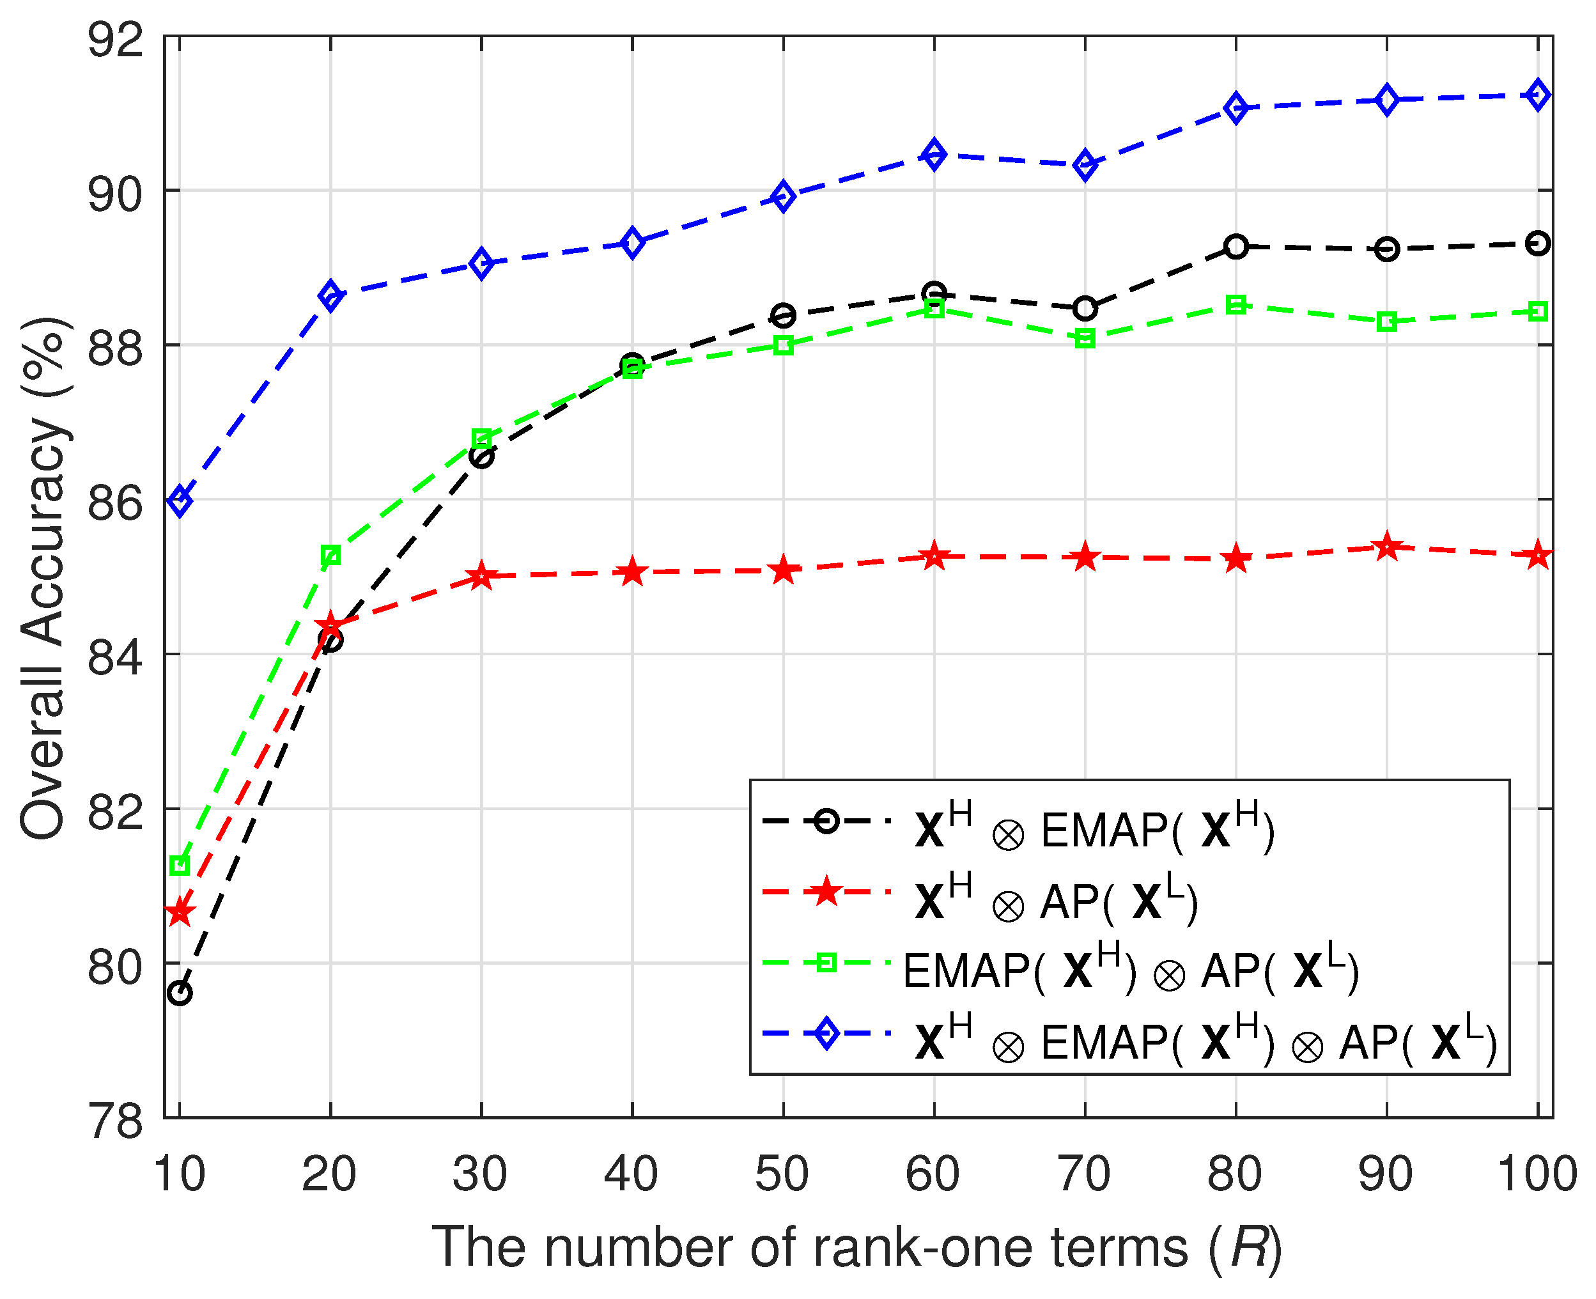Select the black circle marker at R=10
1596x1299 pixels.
click(180, 993)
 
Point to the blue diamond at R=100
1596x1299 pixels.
click(1538, 95)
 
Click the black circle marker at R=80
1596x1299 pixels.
click(1236, 246)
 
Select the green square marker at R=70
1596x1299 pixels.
click(1085, 339)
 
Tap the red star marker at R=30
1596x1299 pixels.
click(481, 576)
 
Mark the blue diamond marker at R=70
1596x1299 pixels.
click(1085, 165)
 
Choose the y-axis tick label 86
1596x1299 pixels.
click(114, 504)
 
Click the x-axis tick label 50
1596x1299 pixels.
click(782, 1173)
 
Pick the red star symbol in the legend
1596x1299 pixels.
click(825, 892)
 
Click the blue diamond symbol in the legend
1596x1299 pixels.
click(825, 1033)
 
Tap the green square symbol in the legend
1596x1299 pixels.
click(825, 963)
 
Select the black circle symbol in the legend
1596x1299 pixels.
click(825, 821)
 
